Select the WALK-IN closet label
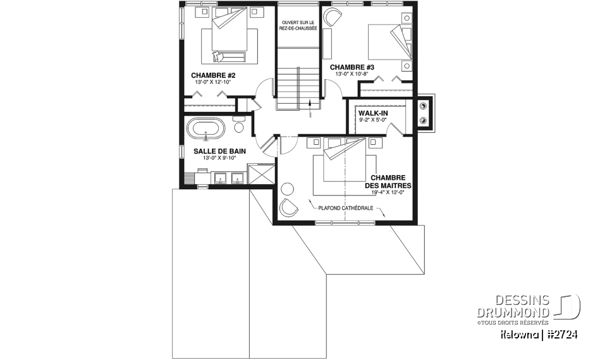click(x=373, y=113)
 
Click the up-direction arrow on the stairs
click(x=310, y=104)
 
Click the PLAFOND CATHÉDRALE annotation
click(x=345, y=208)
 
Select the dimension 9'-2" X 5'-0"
click(x=373, y=120)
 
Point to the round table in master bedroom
click(x=288, y=188)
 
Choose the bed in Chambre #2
click(x=229, y=38)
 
